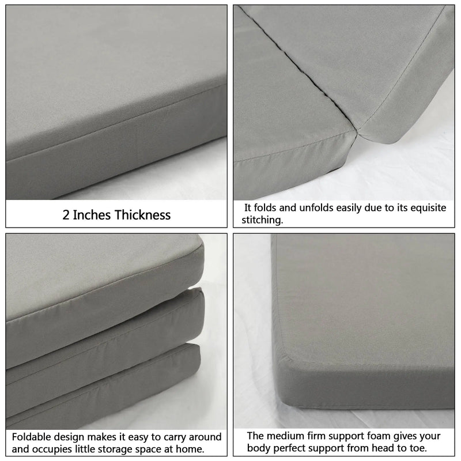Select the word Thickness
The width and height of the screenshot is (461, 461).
pyautogui.click(x=143, y=216)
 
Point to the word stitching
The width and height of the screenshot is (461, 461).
pyautogui.click(x=263, y=220)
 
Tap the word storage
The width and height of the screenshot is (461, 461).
pyautogui.click(x=133, y=449)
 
